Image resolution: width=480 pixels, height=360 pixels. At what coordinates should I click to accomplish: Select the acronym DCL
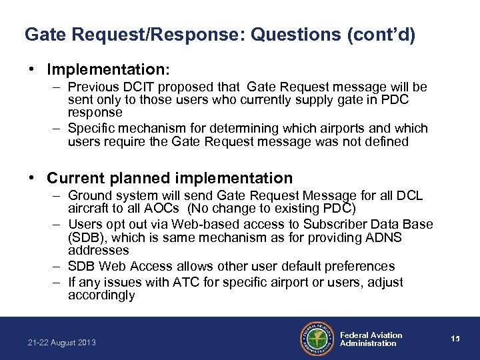tap(408, 196)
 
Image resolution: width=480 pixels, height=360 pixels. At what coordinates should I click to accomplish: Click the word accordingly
tap(101, 295)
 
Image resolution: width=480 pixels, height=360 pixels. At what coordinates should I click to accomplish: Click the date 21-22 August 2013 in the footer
tap(62, 343)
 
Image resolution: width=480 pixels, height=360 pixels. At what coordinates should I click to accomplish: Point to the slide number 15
tap(455, 339)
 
